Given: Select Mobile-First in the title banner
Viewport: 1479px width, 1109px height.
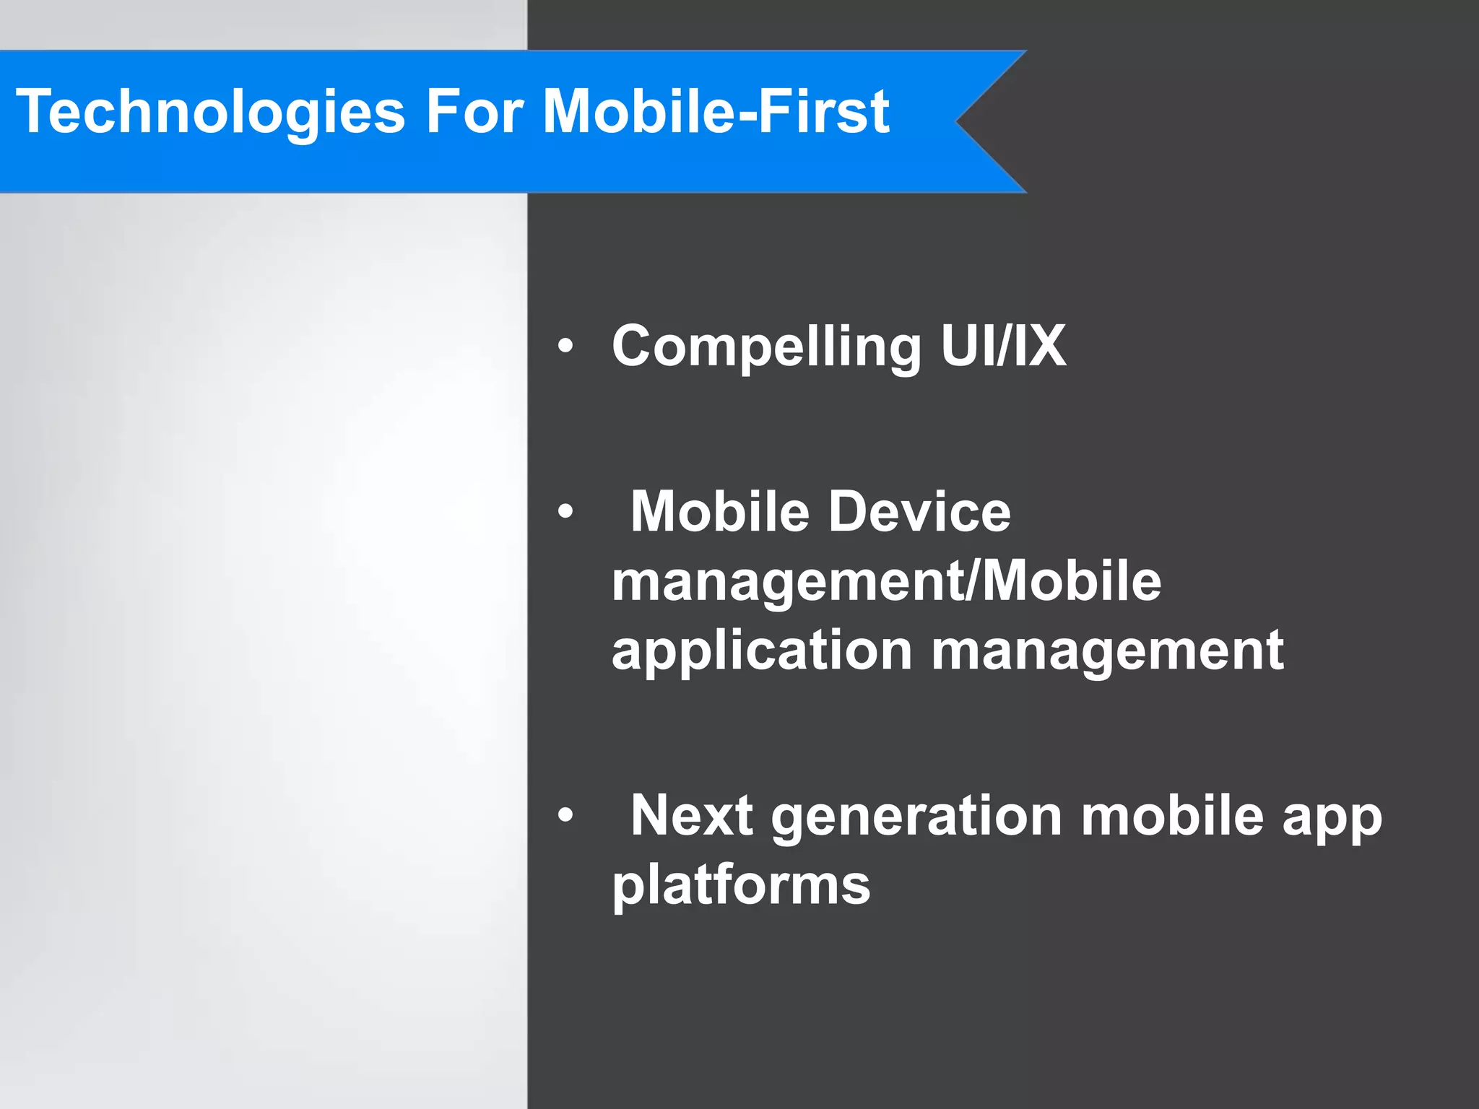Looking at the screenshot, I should pos(715,112).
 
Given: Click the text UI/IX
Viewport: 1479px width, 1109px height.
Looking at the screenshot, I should pos(1003,346).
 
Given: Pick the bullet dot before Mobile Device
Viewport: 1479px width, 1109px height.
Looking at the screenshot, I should pos(565,512).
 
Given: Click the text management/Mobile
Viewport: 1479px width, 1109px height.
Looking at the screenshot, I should pos(886,582).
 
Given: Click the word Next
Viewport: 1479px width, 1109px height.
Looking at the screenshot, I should pos(692,816).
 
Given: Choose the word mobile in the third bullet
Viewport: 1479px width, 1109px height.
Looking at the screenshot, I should pos(1172,816).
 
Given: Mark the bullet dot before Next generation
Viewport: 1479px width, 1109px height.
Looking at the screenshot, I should pos(565,816).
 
